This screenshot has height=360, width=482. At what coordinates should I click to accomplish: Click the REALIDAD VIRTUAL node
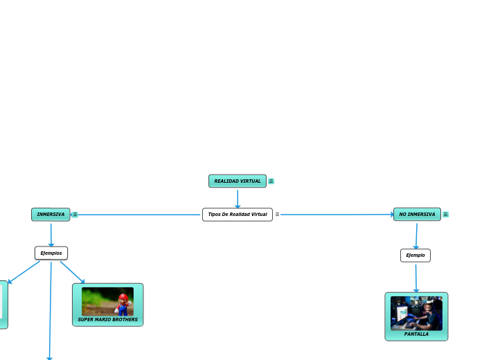[237, 181]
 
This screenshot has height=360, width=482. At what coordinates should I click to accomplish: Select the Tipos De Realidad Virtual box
[237, 215]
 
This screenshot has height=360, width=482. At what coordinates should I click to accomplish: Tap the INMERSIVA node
[51, 215]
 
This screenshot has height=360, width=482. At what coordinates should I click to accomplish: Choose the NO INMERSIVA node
[417, 215]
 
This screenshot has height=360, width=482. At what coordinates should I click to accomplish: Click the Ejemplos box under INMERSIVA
[51, 253]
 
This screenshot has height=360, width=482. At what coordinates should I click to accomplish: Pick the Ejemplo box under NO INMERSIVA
[416, 255]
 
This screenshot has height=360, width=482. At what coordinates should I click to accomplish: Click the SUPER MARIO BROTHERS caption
[107, 320]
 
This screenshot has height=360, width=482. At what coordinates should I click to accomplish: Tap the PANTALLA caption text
[416, 334]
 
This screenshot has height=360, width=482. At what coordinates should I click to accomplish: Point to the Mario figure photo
[107, 302]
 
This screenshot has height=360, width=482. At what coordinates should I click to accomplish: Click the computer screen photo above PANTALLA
[416, 314]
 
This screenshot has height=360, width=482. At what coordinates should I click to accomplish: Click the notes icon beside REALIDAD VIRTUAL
[271, 181]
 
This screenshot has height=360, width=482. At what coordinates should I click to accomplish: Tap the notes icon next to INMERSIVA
[75, 215]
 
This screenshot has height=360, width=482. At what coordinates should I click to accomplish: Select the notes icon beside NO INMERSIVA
[445, 215]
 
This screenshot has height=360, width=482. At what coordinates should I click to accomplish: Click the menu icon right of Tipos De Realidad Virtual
[277, 215]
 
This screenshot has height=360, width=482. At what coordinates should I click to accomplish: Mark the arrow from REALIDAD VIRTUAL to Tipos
[238, 198]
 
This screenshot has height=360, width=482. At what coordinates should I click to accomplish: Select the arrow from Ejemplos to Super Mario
[72, 272]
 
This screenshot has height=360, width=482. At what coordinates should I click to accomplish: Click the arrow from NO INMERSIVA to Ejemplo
[416, 235]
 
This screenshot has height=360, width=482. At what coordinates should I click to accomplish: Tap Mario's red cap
[123, 296]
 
